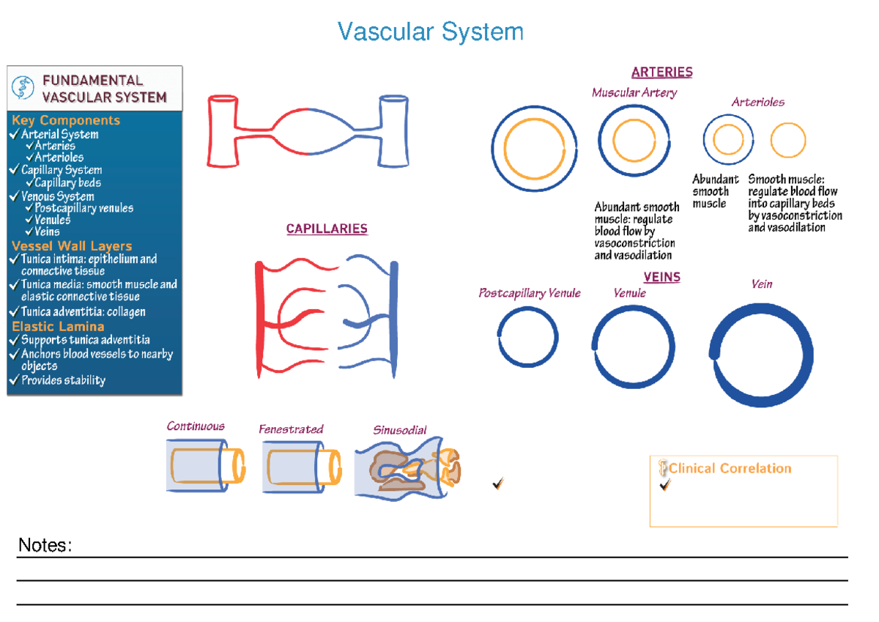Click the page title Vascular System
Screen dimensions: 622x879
(431, 32)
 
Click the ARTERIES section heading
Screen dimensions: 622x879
(661, 72)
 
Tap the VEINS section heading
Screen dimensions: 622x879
(661, 277)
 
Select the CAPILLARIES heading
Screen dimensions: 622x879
(327, 229)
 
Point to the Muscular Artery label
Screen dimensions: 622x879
(634, 92)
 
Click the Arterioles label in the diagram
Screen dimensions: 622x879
(757, 102)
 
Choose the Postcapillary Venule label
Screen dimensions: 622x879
(529, 293)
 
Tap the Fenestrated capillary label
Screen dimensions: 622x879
(291, 429)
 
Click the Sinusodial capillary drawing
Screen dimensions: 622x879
(407, 469)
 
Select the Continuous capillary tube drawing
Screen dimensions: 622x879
(205, 466)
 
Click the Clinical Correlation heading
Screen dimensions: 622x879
(730, 468)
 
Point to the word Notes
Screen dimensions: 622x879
(45, 545)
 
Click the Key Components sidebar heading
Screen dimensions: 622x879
(66, 120)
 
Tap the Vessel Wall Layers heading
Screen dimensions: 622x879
(72, 246)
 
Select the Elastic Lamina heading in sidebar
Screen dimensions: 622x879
(59, 327)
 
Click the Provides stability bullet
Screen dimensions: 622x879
(63, 380)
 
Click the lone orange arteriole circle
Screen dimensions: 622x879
(788, 141)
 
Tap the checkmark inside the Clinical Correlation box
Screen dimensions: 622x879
(665, 485)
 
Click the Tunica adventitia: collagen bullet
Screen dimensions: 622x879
(83, 311)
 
